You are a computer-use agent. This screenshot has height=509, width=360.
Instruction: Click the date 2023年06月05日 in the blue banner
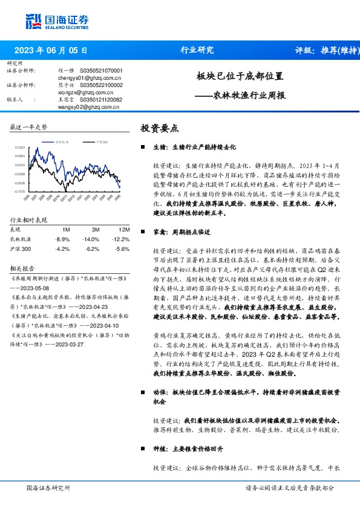pos(51,51)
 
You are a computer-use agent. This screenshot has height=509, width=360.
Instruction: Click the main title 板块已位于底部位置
pos(240,77)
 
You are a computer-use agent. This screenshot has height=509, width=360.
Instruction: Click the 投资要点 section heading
pos(160,128)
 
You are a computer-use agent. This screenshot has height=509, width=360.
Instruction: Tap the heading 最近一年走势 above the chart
pos(28,128)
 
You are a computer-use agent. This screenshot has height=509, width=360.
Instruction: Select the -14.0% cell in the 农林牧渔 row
pos(91,239)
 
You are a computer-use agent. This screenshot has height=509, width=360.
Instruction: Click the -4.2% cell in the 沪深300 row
pos(62,248)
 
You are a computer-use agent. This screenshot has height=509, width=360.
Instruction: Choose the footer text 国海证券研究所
pos(48,487)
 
